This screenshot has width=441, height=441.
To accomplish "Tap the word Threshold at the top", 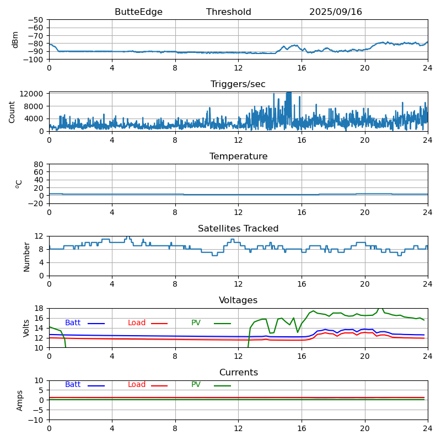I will (229, 12).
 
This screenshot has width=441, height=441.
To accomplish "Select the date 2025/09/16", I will (336, 12).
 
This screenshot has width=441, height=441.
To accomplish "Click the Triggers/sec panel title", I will (238, 84).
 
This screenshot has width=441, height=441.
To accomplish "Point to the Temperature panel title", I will (238, 157).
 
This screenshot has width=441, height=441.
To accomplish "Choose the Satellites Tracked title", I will (238, 229).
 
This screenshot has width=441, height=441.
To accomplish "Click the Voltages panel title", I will (238, 300).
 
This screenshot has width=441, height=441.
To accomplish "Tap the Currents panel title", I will (238, 373).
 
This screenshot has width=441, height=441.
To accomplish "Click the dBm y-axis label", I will (15, 39).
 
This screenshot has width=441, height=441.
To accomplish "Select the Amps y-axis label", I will (20, 400).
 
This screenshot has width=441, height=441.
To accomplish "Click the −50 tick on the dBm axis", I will (35, 20).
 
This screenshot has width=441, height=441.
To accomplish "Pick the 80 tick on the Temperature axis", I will (39, 164).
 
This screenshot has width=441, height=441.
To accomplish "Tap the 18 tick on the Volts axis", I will (39, 309).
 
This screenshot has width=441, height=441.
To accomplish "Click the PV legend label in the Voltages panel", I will (196, 323).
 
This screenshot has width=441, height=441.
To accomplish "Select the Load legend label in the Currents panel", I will (137, 385).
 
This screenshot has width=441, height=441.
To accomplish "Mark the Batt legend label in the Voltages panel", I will (73, 323).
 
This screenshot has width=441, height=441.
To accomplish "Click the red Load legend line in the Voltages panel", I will (159, 324).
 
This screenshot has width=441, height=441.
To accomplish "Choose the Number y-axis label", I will (27, 256).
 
